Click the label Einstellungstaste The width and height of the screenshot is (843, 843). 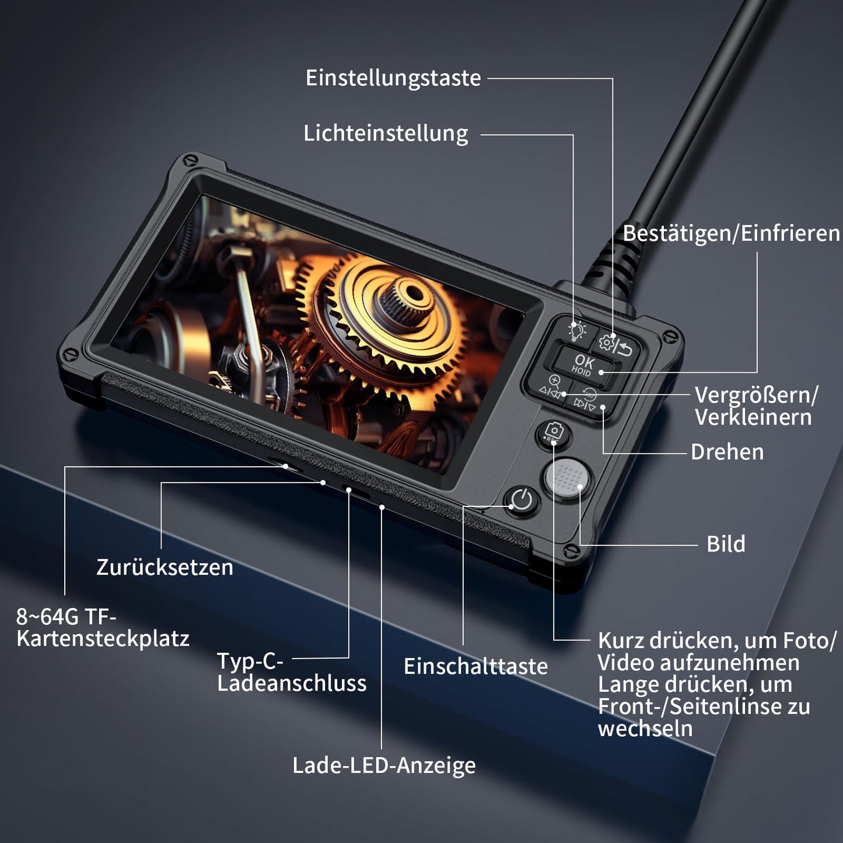click(x=393, y=78)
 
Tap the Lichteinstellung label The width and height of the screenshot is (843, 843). click(x=386, y=134)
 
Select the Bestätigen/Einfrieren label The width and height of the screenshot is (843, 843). click(x=730, y=233)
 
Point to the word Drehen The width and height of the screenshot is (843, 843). click(x=727, y=452)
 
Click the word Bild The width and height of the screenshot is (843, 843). click(x=725, y=544)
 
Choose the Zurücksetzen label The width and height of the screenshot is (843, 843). click(x=165, y=568)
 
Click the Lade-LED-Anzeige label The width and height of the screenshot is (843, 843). click(x=384, y=765)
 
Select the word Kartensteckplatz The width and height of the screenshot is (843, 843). click(x=103, y=639)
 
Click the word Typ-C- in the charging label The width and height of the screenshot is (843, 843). click(x=251, y=661)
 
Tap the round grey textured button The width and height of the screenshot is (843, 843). click(x=568, y=478)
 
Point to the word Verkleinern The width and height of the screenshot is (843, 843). click(x=753, y=417)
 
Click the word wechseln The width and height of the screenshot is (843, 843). click(x=645, y=729)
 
